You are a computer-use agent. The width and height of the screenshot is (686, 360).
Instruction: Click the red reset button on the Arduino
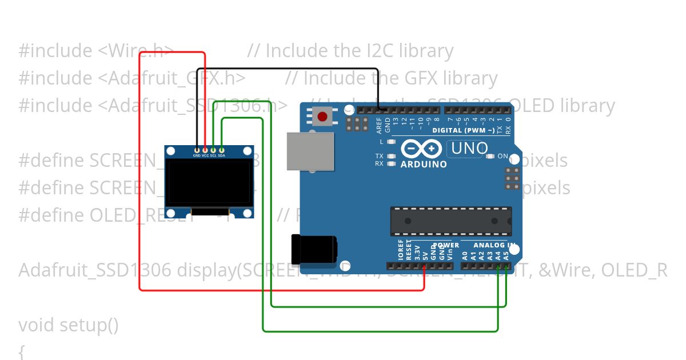click(322, 117)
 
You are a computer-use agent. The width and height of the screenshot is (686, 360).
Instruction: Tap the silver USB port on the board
click(310, 151)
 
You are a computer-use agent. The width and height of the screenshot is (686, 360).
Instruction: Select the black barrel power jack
click(314, 250)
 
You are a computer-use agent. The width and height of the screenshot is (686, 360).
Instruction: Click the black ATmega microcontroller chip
click(450, 221)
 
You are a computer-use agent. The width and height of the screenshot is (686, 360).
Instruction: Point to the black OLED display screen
click(209, 183)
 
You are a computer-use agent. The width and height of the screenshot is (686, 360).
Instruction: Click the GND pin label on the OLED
click(197, 155)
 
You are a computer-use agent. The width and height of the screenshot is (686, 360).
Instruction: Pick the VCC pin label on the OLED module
click(205, 155)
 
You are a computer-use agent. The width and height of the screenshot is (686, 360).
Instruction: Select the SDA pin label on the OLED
click(221, 155)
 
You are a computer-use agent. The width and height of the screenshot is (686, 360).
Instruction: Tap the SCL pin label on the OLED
click(213, 155)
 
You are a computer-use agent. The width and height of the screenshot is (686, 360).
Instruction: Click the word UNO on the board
click(470, 149)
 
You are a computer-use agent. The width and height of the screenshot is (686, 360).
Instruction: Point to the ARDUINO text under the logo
click(424, 164)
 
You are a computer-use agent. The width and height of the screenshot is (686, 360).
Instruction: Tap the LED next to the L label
click(392, 142)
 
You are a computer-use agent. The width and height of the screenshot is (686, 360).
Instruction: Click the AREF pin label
click(379, 125)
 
